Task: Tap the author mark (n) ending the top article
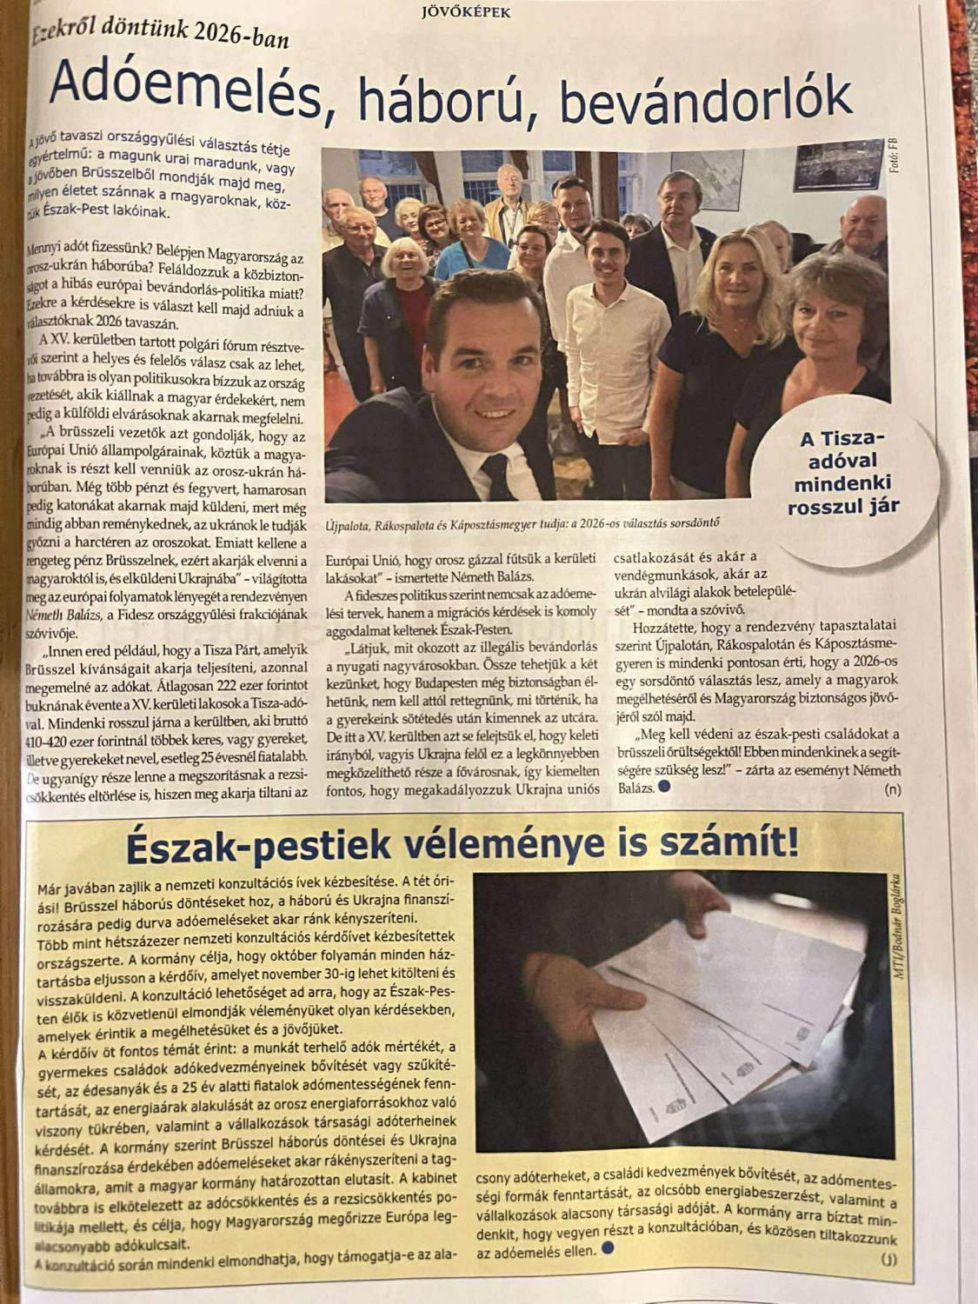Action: click(x=892, y=790)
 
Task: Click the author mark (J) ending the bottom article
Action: click(x=888, y=1259)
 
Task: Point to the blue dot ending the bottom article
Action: click(x=607, y=1250)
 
